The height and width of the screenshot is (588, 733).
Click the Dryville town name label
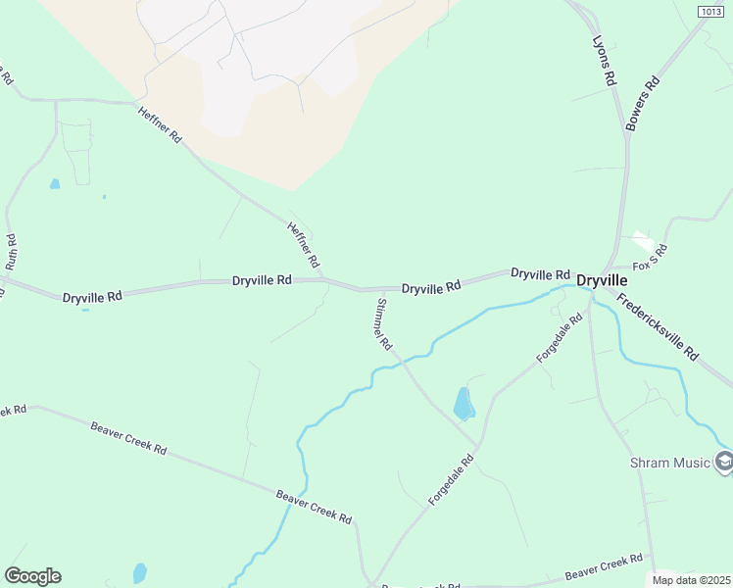pos(602,280)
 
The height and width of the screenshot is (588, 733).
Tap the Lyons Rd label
pos(604,61)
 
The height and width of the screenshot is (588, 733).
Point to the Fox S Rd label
pos(649,257)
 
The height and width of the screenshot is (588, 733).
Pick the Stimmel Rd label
pos(381,324)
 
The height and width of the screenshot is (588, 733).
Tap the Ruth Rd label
pos(11,252)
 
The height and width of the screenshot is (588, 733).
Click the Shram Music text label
pos(673,462)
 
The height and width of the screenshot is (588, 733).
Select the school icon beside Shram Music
pos(723,461)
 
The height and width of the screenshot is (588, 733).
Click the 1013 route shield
pos(711,11)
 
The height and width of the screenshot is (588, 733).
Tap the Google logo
pos(32,576)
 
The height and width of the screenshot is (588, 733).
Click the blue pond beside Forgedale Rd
pos(464,403)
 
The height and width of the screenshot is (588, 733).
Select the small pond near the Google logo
pos(140,572)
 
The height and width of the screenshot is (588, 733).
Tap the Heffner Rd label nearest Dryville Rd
pos(303,245)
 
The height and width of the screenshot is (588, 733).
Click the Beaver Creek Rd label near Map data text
pos(604,565)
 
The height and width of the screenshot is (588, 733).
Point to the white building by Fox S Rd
pos(642,239)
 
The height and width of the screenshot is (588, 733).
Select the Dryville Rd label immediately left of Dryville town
pos(540,274)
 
